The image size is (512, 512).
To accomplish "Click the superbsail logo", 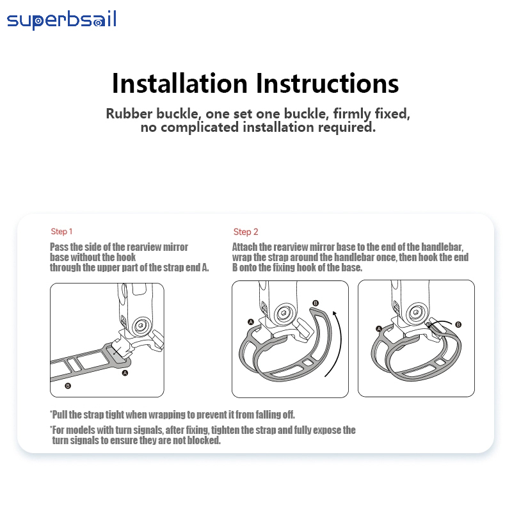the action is coord(61,20).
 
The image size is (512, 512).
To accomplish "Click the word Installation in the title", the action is coord(180,84).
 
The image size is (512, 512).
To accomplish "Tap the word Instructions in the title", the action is coord(327,84).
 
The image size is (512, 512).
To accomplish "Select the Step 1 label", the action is coord(61,232).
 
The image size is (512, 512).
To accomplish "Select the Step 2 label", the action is coord(246,232).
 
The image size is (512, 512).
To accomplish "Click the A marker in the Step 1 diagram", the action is coord(125,373).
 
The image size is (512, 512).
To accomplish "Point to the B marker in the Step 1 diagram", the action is coord(68,386).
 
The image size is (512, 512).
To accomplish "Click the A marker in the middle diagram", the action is coord(251,322).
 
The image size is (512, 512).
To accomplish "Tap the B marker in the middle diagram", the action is coord(316,303).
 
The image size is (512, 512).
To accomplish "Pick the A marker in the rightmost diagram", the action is coord(379,329).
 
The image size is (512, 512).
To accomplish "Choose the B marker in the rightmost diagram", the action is coord(458,324).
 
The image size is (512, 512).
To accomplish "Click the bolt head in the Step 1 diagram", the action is coord(141,326).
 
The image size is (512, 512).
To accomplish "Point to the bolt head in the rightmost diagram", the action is coord(416,312).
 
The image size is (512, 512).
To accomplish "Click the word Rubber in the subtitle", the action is coord(129,114).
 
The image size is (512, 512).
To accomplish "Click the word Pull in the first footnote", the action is coord(60,415).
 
